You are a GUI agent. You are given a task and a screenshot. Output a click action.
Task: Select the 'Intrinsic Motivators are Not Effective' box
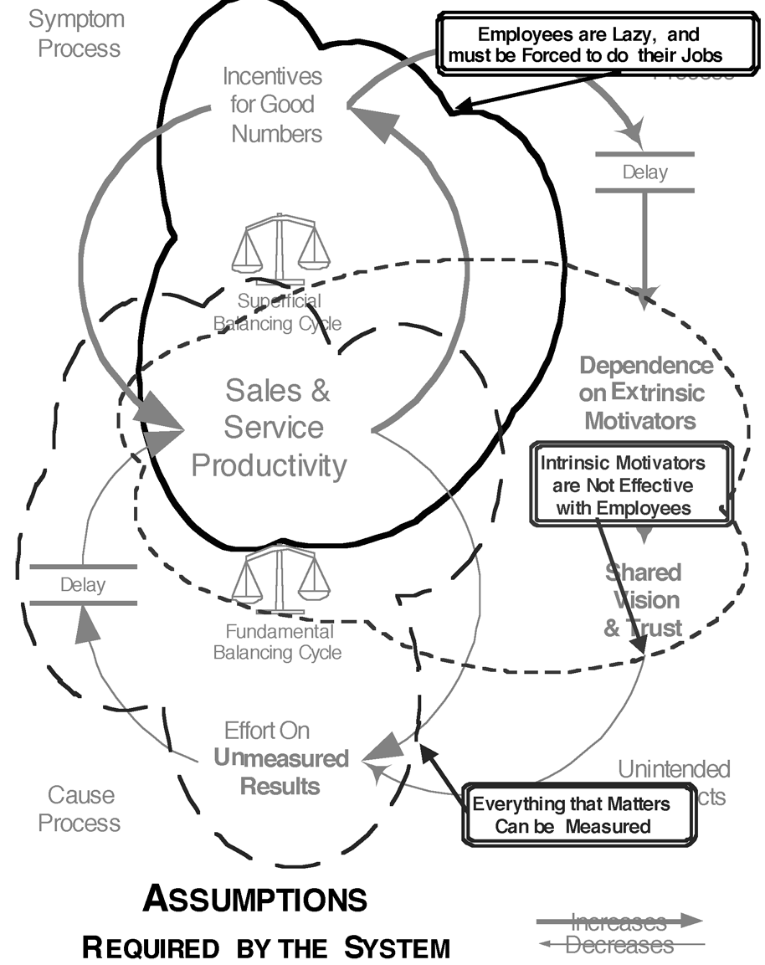(x=623, y=485)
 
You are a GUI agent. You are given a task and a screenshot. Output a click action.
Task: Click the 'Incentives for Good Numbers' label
(x=273, y=105)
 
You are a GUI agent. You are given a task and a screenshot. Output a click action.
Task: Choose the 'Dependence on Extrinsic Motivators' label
(x=645, y=393)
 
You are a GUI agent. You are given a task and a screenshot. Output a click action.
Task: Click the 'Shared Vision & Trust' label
(x=644, y=600)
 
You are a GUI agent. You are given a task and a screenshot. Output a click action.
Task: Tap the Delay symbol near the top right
(x=644, y=172)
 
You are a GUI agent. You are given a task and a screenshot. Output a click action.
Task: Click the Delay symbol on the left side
(x=83, y=584)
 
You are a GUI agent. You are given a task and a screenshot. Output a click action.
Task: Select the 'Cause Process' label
(x=80, y=808)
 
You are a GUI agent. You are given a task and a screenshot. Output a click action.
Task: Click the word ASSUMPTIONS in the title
(x=254, y=900)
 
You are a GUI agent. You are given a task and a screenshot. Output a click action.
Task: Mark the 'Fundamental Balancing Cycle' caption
(x=278, y=641)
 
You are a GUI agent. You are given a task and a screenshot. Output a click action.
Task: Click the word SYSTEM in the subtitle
(x=398, y=948)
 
